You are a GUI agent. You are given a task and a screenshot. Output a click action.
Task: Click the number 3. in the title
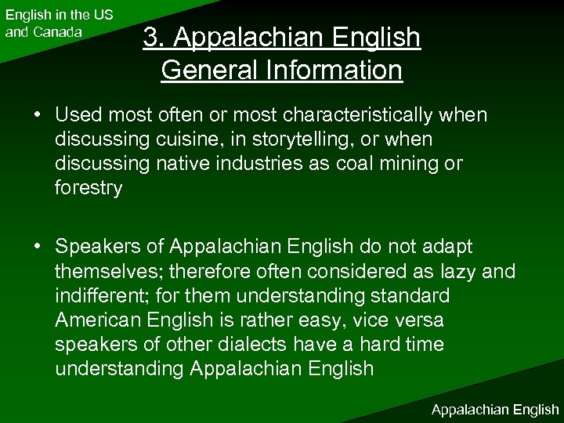(x=153, y=37)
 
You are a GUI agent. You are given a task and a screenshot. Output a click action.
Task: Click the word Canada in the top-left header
(x=55, y=32)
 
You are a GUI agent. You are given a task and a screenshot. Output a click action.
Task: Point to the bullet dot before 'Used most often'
(x=38, y=115)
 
